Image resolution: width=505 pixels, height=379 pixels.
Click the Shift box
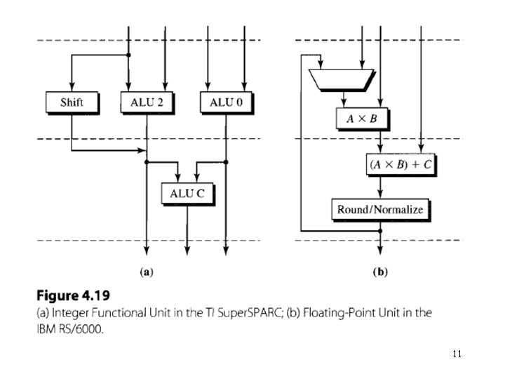point(72,102)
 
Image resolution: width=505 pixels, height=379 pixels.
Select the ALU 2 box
point(147,102)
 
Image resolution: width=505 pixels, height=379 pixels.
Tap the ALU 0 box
point(227,102)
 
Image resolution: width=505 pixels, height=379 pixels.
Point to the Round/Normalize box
point(380,209)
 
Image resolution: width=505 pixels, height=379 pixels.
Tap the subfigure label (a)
point(147,271)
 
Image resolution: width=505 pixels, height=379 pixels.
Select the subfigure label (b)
point(381,271)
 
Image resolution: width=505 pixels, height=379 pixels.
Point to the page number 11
point(457,354)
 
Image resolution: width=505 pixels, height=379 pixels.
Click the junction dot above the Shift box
point(128,55)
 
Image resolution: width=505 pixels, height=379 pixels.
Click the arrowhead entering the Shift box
point(72,88)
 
